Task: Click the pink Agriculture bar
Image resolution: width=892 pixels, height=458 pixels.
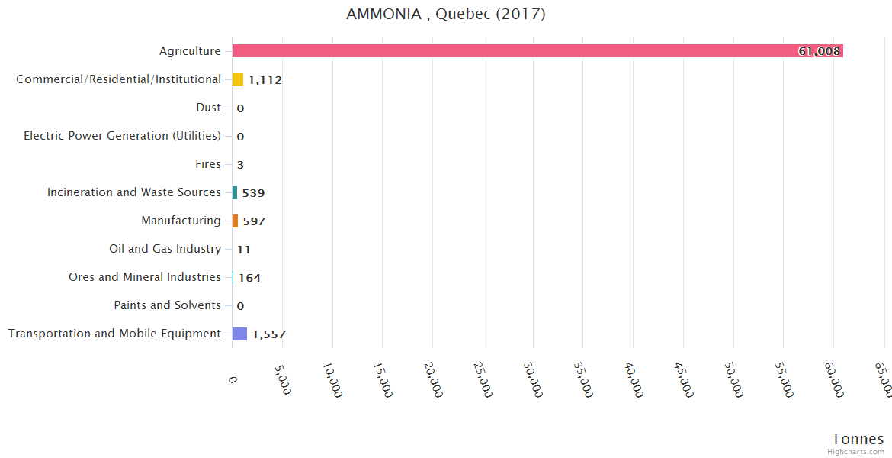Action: pos(534,51)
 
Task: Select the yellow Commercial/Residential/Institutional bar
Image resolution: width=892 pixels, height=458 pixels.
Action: pos(238,79)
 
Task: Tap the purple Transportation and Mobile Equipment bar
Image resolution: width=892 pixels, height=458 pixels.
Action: pos(239,334)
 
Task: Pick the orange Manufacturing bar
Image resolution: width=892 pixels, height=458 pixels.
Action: pos(235,221)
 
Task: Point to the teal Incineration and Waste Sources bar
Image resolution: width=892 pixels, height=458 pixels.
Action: pos(235,192)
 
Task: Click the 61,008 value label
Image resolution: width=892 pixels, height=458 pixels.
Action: pos(819,51)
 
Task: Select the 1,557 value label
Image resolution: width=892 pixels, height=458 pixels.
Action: pos(269,334)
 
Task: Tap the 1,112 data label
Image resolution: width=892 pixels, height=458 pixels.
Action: pos(265,80)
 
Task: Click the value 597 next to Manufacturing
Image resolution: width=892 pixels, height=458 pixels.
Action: pos(254,221)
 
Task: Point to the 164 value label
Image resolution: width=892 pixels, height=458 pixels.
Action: pos(249,278)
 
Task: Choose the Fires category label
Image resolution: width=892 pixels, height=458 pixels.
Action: pos(208,164)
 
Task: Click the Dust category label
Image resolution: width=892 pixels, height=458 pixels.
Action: pos(208,108)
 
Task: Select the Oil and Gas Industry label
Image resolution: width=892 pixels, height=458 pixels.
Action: pos(165,249)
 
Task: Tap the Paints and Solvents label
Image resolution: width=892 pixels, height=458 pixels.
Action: pos(167,305)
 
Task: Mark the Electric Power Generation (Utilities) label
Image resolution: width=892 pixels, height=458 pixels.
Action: pos(122,136)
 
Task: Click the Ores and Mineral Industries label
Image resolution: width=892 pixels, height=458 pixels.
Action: pos(144,277)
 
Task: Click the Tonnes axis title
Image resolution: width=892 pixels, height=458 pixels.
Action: pos(857,439)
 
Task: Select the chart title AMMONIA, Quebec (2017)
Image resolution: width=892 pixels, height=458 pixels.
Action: pos(446,15)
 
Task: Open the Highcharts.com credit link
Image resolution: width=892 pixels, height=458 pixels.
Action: pos(855,452)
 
